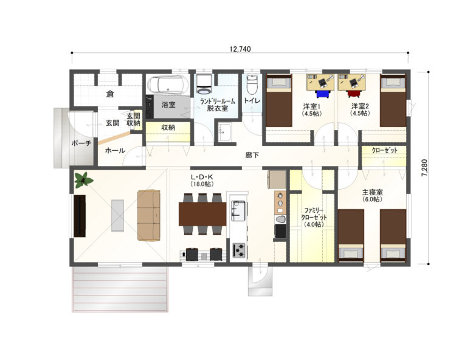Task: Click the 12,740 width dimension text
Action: pos(240,49)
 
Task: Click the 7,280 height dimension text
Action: pos(424,168)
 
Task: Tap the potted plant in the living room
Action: pos(84,180)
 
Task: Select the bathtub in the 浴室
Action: pos(168,85)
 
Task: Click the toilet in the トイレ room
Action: pos(252,84)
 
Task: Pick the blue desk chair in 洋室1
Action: pos(323,94)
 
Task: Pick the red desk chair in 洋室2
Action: pos(354,94)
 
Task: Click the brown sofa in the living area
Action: pos(149,215)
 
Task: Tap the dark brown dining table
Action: pos(202,213)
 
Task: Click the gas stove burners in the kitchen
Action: pos(239,250)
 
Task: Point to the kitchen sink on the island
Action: pos(238,211)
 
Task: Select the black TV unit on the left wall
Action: pos(80,216)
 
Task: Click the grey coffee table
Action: pos(117,215)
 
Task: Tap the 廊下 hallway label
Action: pos(252,155)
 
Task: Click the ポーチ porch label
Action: pos(81,143)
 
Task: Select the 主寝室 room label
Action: pos(372,192)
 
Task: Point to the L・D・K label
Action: pos(202,177)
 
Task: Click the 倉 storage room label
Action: pos(110,94)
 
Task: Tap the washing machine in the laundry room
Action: pos(204,84)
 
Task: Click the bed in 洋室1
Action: pos(279,100)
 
